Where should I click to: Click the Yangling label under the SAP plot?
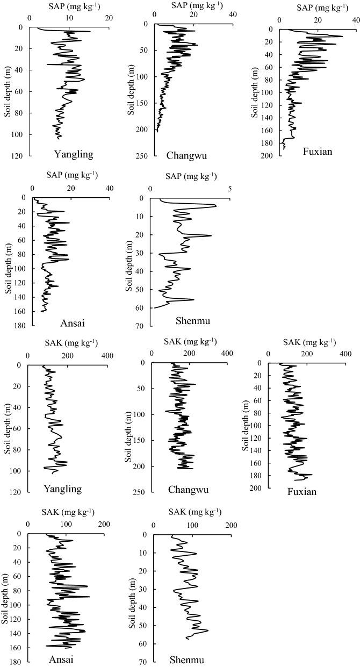coord(74,155)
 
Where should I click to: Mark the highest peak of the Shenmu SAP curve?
coord(216,205)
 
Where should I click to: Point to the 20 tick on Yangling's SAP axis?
coord(109,18)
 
